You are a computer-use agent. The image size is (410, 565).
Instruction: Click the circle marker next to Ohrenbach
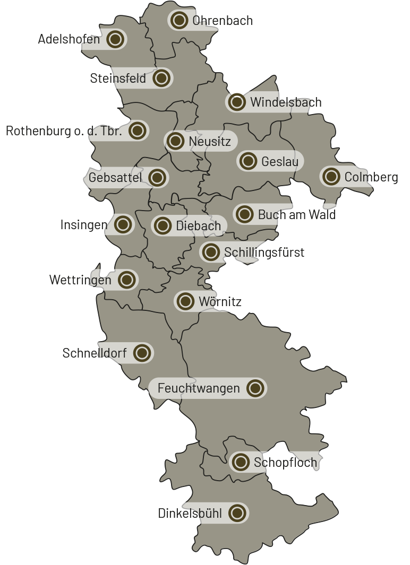click(180, 21)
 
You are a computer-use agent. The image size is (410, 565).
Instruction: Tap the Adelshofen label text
click(69, 40)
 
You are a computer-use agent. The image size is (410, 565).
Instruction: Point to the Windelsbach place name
click(286, 102)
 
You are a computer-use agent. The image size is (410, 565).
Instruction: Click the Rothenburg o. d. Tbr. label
click(64, 131)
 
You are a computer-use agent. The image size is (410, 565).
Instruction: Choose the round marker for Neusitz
click(175, 141)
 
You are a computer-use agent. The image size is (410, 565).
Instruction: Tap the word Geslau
click(279, 161)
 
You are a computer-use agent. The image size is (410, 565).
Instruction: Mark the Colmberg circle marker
click(331, 177)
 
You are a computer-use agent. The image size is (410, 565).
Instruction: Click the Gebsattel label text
click(115, 178)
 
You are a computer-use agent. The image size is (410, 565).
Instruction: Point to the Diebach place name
click(198, 227)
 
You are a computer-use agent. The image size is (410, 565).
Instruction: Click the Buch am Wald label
click(297, 215)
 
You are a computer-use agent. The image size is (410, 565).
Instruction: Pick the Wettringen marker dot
click(126, 280)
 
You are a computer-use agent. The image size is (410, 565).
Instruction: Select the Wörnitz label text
click(220, 302)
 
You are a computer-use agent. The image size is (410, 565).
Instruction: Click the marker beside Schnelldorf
click(141, 353)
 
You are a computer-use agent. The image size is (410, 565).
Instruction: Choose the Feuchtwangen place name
click(199, 389)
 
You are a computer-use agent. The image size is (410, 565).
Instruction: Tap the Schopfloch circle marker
click(241, 462)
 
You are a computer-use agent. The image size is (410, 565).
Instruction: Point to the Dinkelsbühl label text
click(190, 514)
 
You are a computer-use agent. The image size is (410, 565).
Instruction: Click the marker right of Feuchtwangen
click(255, 388)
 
